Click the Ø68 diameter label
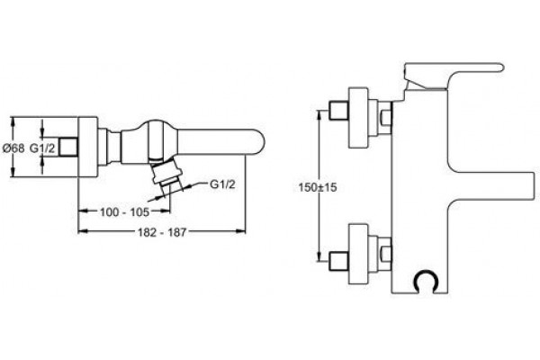pos(13,148)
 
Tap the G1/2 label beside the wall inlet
pos(42,148)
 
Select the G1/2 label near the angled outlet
pos(222,184)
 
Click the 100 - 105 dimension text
pos(125,212)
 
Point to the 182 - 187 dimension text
pos(162,232)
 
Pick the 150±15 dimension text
pos(318,188)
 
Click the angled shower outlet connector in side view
pos(165,173)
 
